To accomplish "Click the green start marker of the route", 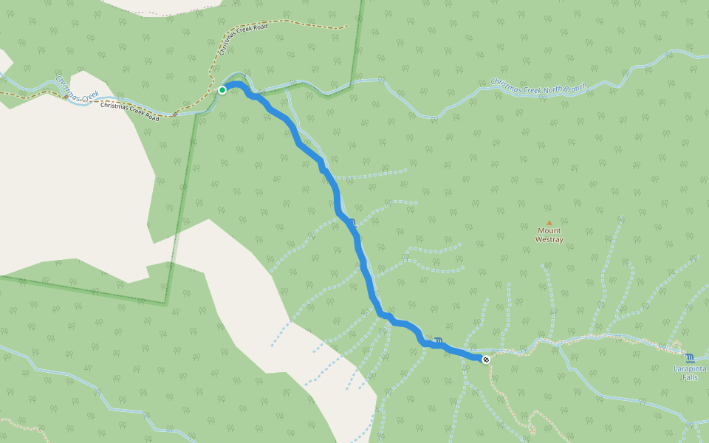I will (222, 90).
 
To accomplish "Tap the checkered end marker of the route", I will (486, 360).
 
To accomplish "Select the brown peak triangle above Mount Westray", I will (549, 222).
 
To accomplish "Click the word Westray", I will (549, 239).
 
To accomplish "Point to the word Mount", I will (549, 230).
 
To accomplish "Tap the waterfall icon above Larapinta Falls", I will (689, 357).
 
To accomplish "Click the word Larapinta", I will (690, 368).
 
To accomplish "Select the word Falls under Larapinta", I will (690, 377).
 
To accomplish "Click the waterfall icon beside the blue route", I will (439, 341).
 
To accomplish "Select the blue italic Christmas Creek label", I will (77, 86).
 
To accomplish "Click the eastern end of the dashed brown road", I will (346, 28).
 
